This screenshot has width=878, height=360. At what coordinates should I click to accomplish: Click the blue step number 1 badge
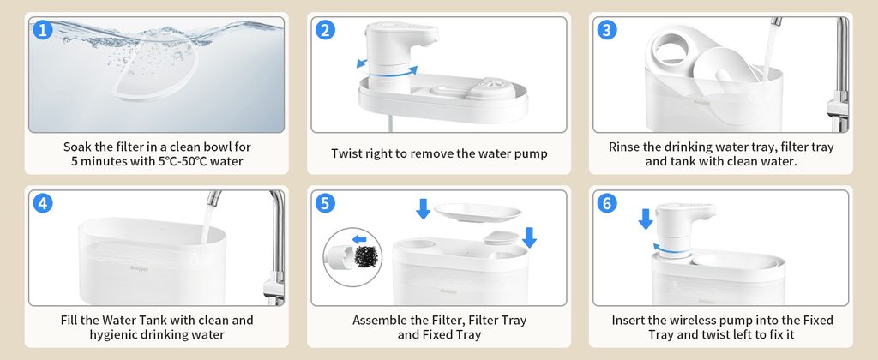tap(43, 30)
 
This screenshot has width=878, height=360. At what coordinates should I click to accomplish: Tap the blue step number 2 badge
tap(325, 30)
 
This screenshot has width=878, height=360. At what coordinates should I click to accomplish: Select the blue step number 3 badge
tap(607, 30)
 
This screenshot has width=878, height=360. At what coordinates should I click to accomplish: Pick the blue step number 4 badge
tap(43, 203)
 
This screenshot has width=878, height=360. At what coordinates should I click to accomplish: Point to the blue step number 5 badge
tap(325, 203)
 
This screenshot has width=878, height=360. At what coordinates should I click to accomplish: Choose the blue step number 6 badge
tap(607, 203)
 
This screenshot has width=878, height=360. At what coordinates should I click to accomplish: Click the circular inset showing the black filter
tap(352, 257)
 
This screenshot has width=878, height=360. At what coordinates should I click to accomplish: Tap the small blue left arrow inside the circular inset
tap(359, 240)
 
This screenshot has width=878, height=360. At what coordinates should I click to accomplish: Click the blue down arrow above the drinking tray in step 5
tap(424, 209)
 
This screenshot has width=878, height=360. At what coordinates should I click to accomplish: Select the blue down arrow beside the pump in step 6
tap(646, 219)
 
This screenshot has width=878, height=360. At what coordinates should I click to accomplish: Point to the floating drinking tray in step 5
tap(478, 213)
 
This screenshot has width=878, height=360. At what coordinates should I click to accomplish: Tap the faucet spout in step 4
tap(213, 198)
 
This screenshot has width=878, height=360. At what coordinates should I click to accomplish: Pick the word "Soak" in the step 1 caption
tap(77, 147)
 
